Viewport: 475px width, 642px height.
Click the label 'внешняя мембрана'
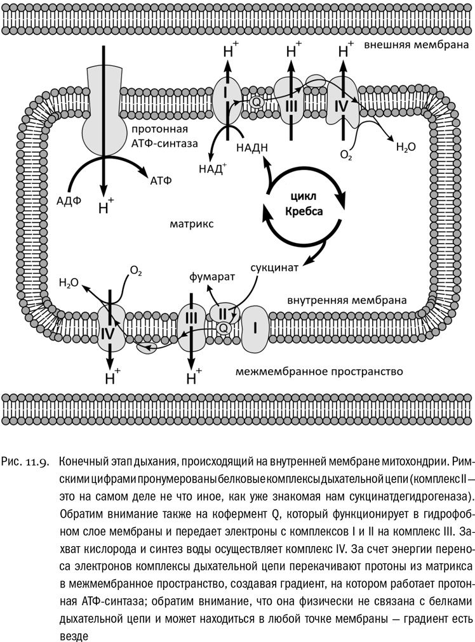coord(417,46)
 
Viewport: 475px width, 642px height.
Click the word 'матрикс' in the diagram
coord(191,224)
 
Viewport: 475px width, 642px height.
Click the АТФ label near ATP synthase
coord(161,180)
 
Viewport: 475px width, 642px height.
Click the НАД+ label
coord(212,169)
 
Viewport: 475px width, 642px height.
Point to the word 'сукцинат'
coord(274,266)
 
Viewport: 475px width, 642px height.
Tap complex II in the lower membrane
coord(224,313)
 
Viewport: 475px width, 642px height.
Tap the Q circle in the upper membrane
coord(257,100)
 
